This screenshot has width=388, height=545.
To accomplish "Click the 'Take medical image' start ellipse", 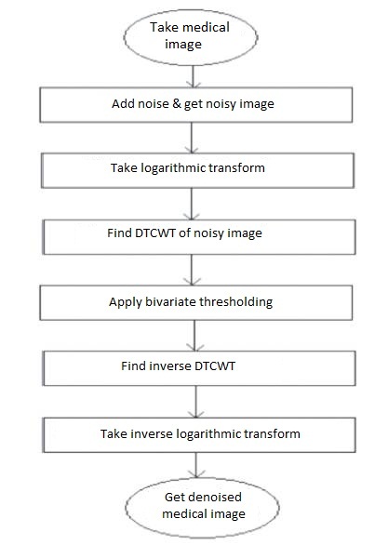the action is point(191,37).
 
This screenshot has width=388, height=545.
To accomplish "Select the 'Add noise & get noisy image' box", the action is point(196,104).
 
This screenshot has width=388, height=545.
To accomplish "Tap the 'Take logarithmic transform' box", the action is point(197,170).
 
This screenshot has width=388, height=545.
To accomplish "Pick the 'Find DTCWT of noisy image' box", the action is point(199,237).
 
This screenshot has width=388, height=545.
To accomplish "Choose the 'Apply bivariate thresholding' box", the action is point(196,302).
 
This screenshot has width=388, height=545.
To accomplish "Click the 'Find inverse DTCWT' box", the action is point(199,368).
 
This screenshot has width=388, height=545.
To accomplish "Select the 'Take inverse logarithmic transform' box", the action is point(199,435).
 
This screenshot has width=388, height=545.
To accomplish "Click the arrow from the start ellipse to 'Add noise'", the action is point(193,76).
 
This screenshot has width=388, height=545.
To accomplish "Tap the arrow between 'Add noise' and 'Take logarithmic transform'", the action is point(192,138).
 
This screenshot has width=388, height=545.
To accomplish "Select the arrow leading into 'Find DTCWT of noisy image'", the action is point(192,204).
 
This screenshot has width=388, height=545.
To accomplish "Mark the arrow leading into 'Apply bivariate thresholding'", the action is point(193,270).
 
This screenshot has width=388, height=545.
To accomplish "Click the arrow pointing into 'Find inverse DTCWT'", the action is point(194,336).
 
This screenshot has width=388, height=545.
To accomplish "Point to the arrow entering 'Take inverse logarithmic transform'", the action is point(195,402).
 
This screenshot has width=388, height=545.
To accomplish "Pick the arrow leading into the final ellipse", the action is point(196,465).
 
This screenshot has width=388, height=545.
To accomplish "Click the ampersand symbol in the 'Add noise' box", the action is point(177,103).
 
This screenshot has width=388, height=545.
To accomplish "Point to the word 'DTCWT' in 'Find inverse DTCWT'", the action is point(215,366).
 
